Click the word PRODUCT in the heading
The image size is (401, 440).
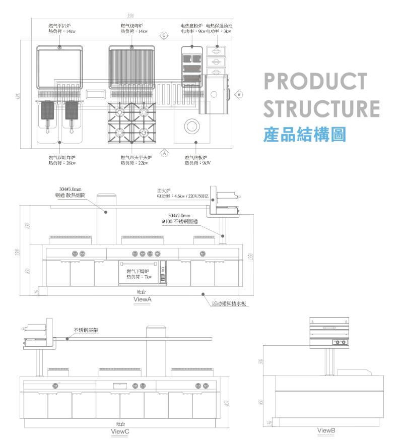pyautogui.click(x=315, y=82)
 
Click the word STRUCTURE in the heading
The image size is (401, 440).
pyautogui.click(x=321, y=109)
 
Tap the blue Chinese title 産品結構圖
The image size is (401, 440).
pyautogui.click(x=304, y=134)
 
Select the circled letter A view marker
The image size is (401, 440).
pyautogui.click(x=164, y=152)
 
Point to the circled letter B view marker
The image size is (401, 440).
pyautogui.click(x=239, y=94)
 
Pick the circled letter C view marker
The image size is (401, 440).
pyautogui.click(x=164, y=35)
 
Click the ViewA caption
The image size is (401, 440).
pyautogui.click(x=143, y=299)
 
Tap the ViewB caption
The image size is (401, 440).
pyautogui.click(x=326, y=430)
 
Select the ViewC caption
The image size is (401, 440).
pyautogui.click(x=120, y=431)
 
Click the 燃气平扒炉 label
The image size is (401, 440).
pyautogui.click(x=59, y=25)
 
